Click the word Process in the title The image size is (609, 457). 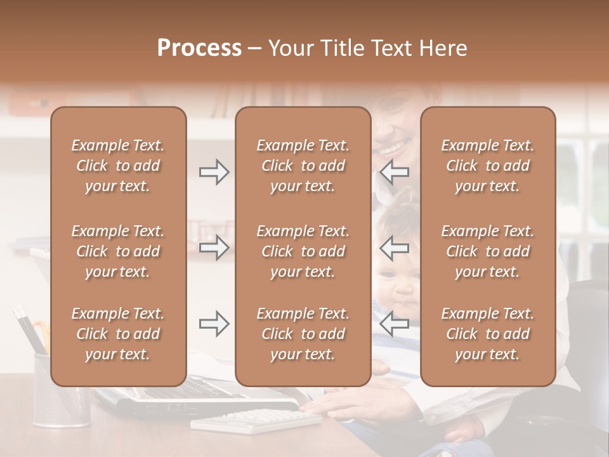(x=199, y=48)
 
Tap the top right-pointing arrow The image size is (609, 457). (x=214, y=172)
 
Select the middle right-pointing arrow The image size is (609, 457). (x=214, y=248)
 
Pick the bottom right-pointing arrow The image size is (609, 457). (x=214, y=324)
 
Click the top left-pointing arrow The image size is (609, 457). (x=395, y=172)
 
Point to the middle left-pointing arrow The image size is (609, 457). (x=395, y=248)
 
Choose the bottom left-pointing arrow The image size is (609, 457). (x=395, y=324)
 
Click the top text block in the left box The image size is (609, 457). (x=118, y=166)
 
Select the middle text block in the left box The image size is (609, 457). (x=118, y=251)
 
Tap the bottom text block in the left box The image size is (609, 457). (x=118, y=334)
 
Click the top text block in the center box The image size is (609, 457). (x=303, y=166)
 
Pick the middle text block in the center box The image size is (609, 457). (x=303, y=251)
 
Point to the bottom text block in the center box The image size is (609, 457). (x=303, y=334)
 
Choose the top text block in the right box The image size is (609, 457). (x=487, y=166)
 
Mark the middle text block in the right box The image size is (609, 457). (x=487, y=251)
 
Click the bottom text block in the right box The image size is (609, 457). (x=487, y=334)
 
